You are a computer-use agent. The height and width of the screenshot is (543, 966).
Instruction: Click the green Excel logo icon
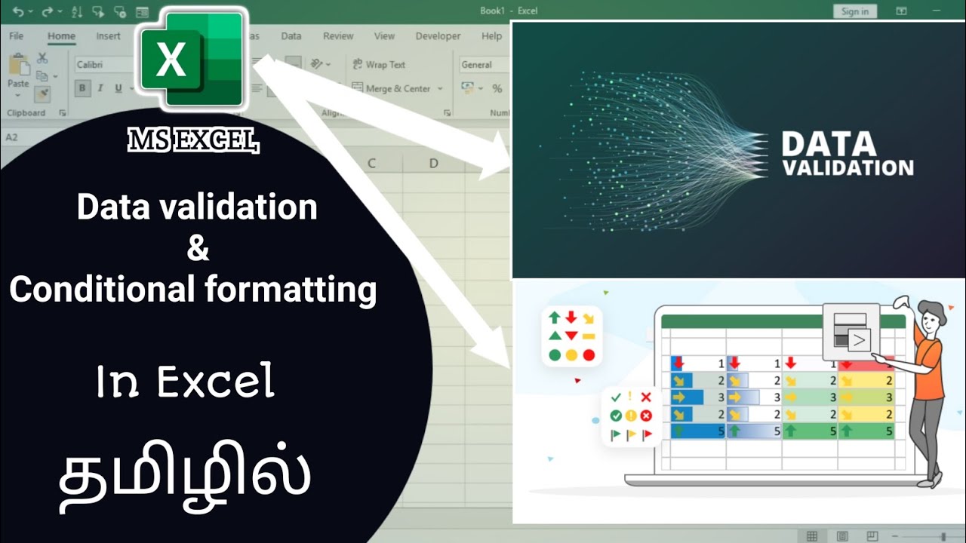coord(191,60)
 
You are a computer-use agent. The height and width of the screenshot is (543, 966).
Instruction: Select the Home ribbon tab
coord(61,36)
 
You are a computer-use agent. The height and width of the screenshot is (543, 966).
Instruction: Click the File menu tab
coord(17,36)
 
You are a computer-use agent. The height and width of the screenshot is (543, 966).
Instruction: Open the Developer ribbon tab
coord(438,36)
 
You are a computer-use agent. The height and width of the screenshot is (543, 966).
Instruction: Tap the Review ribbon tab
coord(338,36)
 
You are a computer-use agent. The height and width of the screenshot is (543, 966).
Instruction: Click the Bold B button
coord(82,89)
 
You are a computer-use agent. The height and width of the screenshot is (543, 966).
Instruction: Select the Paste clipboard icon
coord(17,72)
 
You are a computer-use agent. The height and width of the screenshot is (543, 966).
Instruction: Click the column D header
coord(433,163)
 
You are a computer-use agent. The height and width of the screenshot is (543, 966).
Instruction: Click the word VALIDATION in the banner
coord(848,167)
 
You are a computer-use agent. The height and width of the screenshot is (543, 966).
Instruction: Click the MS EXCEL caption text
coord(193,140)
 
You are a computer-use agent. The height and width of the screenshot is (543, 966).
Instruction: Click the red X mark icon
coord(646,397)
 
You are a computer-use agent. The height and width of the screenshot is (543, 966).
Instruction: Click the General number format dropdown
coord(483,65)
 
